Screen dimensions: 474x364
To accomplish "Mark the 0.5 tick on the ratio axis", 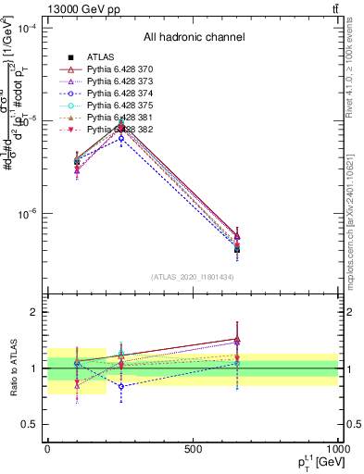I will [x=30, y=424].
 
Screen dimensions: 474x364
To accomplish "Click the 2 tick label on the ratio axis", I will [x=34, y=312].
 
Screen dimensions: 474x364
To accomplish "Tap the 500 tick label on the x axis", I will [x=193, y=450].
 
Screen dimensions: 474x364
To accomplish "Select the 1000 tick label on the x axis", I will [x=334, y=450].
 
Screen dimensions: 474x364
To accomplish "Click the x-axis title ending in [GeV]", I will [x=309, y=462].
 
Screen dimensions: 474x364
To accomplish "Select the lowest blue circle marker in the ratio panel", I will [x=120, y=386].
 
